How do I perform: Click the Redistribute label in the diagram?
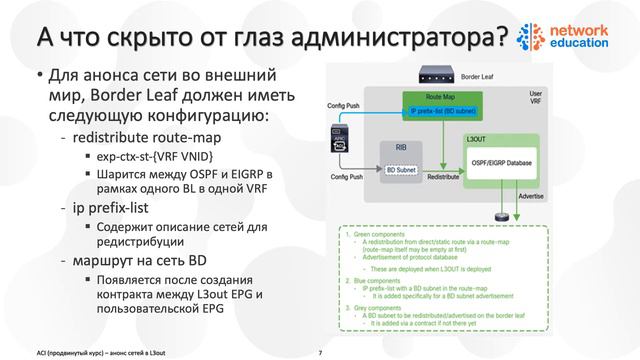click(443, 187)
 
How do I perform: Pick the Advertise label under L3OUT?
click(530, 197)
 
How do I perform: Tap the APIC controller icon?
click(341, 140)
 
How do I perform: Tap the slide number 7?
click(319, 351)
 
